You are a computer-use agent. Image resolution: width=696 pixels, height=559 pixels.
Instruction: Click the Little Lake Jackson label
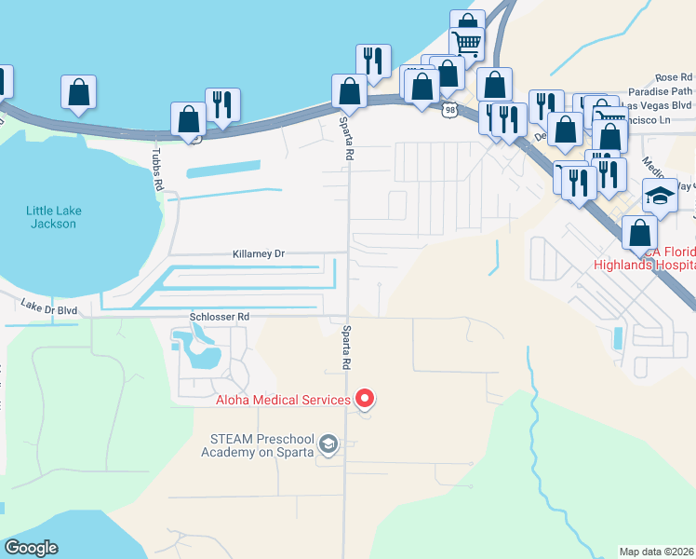[x=53, y=217]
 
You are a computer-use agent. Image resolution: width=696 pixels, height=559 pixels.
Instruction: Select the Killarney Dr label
[x=258, y=253]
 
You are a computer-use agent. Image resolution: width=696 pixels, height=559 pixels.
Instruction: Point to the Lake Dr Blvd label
[x=50, y=307]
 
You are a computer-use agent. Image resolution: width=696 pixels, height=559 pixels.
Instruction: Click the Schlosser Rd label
[x=219, y=317]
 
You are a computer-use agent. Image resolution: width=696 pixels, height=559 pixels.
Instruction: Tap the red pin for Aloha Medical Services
[x=365, y=399]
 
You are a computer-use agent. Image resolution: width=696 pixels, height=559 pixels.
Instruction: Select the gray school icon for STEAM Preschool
[x=328, y=444]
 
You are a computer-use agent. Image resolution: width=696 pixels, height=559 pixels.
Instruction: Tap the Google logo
[x=31, y=548]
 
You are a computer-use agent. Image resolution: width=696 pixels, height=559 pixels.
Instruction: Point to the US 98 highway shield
[x=450, y=110]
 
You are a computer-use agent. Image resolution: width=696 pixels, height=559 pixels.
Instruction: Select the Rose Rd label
[x=674, y=77]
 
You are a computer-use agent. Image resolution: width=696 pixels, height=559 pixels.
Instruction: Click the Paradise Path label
[x=660, y=91]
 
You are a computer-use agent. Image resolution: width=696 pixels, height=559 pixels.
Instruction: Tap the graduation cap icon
[x=660, y=196]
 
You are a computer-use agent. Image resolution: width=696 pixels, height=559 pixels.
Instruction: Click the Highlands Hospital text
[x=644, y=265]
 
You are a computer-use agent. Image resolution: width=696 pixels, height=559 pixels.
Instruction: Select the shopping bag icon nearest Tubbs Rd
[x=188, y=120]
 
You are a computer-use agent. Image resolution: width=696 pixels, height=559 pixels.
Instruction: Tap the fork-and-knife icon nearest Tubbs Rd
[x=222, y=104]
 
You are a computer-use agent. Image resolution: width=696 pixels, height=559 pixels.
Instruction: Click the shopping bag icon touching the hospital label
[x=637, y=234]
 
